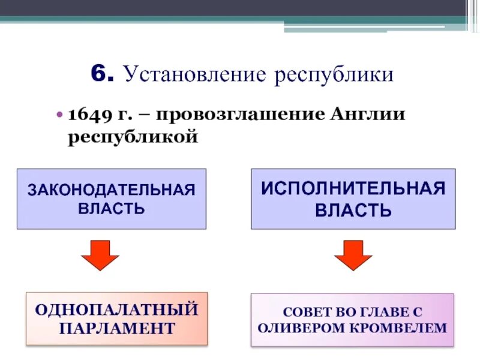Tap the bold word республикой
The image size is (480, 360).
tap(133, 137)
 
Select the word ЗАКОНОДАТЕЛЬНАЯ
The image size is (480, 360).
tap(112, 190)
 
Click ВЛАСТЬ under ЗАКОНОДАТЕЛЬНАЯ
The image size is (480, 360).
tap(112, 209)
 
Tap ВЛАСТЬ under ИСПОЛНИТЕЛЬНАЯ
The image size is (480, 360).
tap(353, 211)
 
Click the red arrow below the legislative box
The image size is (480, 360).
tap(100, 256)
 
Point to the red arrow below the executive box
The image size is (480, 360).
tap(353, 256)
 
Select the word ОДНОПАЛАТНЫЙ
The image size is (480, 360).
tap(117, 310)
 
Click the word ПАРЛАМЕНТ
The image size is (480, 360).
tap(117, 328)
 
